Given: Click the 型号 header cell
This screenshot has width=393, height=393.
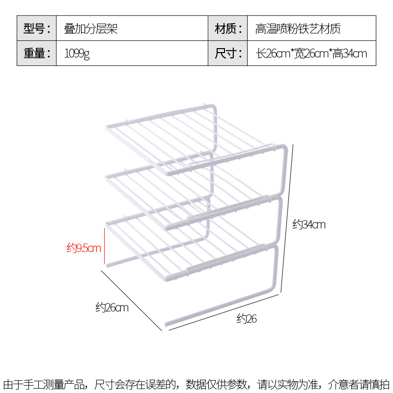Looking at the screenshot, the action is click(x=37, y=28).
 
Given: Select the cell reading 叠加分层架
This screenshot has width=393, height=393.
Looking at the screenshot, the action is click(x=91, y=28).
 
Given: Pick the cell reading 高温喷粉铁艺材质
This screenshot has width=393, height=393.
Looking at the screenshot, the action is click(x=298, y=28).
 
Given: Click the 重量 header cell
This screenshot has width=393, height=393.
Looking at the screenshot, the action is click(x=37, y=53).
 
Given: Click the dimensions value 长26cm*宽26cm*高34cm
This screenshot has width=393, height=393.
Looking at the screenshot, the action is click(x=311, y=53).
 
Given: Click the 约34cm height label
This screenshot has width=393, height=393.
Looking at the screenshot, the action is click(x=309, y=225).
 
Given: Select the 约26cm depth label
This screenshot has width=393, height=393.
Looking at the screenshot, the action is click(x=112, y=308).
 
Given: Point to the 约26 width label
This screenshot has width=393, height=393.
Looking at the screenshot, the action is click(x=247, y=319).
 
